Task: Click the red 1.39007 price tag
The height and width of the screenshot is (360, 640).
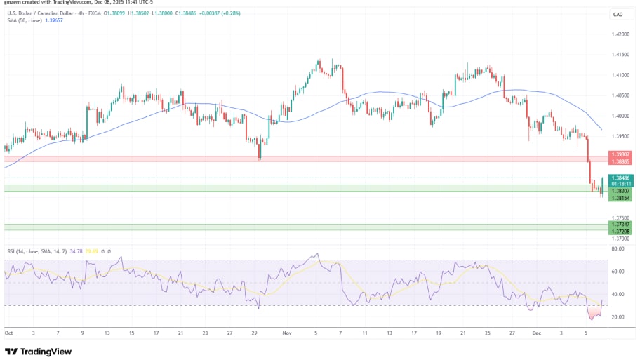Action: pyautogui.click(x=620, y=154)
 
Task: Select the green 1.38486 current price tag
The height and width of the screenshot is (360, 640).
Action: pyautogui.click(x=620, y=178)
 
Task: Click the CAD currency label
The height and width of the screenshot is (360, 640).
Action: pyautogui.click(x=618, y=15)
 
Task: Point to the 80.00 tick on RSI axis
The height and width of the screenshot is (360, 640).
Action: pyautogui.click(x=618, y=248)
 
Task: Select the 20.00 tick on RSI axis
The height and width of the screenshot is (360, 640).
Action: pyautogui.click(x=618, y=317)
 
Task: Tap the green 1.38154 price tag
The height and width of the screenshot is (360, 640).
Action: pyautogui.click(x=620, y=199)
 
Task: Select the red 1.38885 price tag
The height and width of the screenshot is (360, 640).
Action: pyautogui.click(x=620, y=160)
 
